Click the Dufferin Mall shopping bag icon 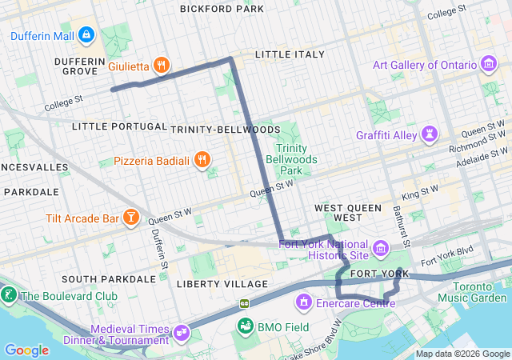86,35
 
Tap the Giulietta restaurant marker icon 161,66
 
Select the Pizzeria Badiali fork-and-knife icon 202,160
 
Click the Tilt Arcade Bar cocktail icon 130,217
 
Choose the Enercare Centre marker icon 303,302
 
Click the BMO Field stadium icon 244,326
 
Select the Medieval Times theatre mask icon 182,330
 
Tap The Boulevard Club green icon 9,295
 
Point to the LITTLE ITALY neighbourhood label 290,54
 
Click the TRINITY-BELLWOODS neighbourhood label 225,129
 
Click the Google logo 26,350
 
